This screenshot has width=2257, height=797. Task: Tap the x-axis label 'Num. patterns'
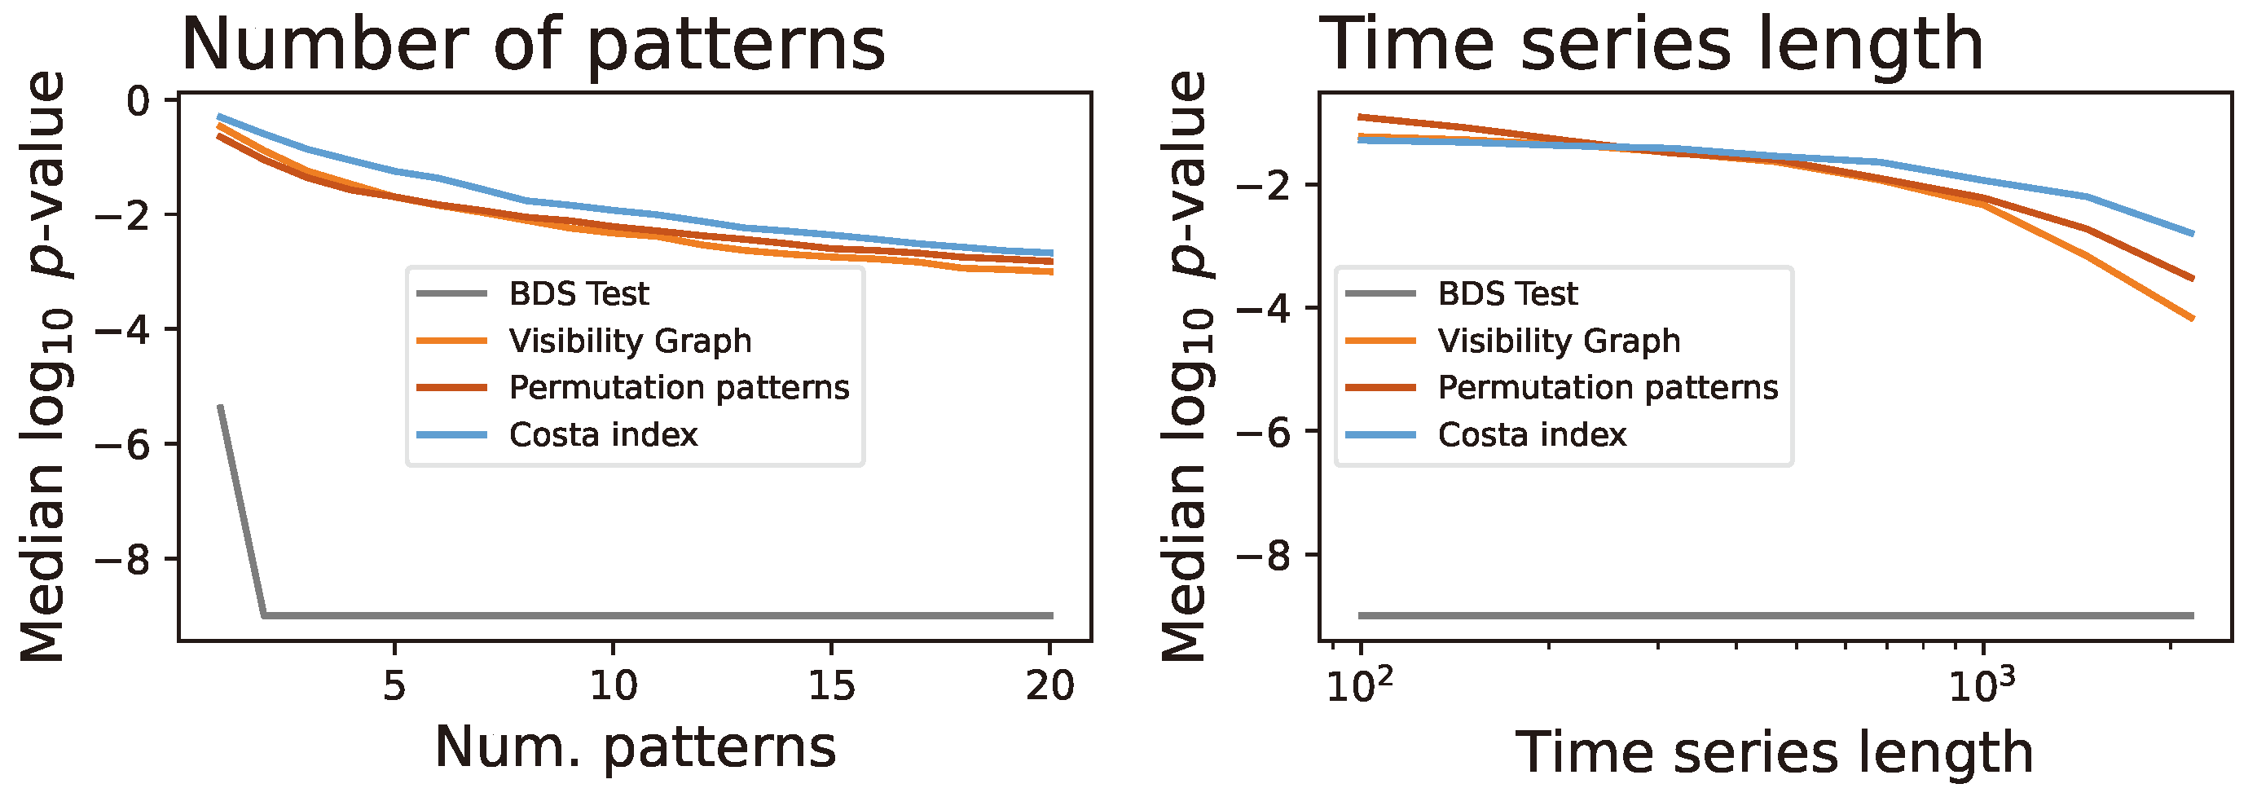636,747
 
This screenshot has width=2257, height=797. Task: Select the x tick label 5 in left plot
394,686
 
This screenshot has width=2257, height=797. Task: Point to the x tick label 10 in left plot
613,686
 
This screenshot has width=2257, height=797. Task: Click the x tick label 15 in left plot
830,686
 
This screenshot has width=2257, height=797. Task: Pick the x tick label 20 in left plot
1049,686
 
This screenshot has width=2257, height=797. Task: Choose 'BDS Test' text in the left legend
579,293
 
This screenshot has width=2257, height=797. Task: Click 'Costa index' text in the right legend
1532,434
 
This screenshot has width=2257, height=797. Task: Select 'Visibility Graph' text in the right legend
1559,341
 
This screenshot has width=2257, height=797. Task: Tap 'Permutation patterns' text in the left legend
679,387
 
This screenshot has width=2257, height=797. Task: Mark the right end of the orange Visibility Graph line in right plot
2191,318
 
